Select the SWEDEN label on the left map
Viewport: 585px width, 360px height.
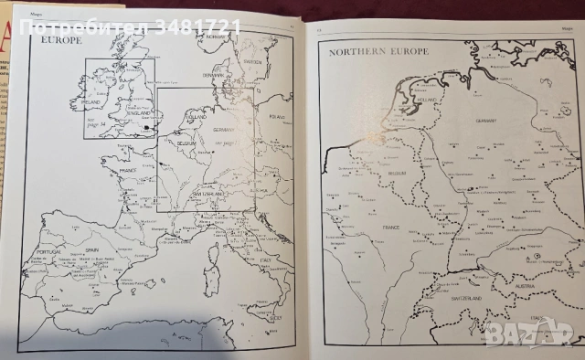pyautogui.click(x=253, y=61)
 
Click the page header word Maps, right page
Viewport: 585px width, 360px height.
pyautogui.click(x=554, y=29)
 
